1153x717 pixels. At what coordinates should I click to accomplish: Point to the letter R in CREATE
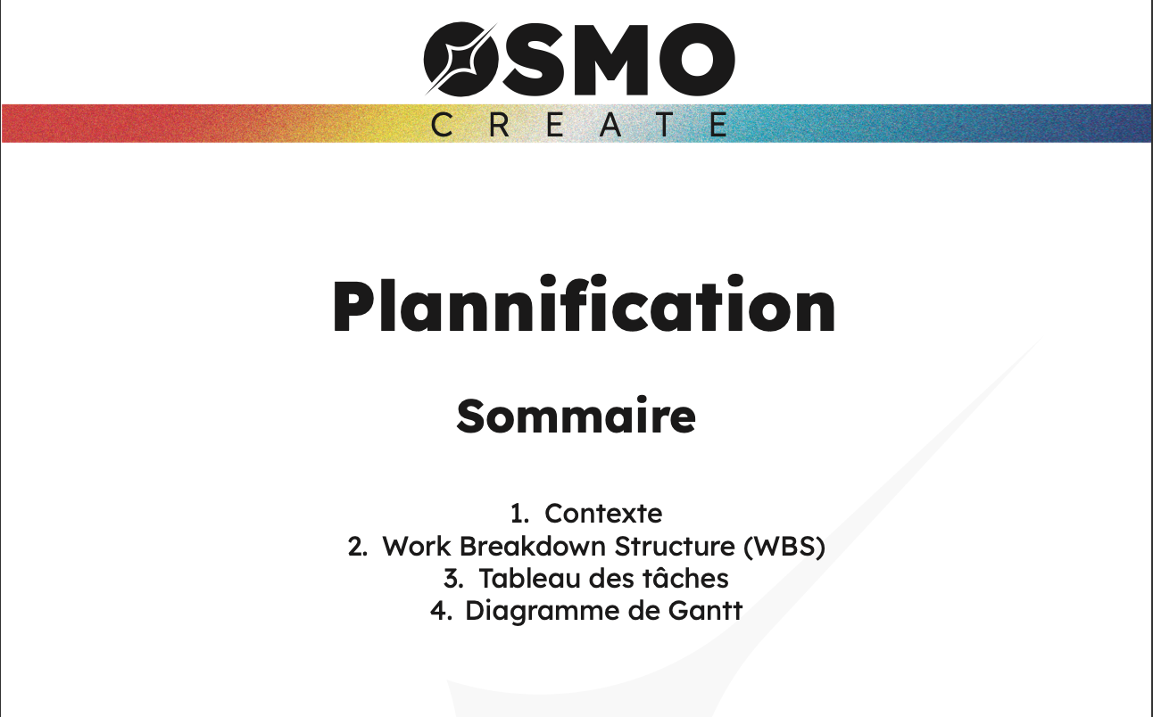[498, 125]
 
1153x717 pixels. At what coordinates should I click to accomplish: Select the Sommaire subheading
[576, 416]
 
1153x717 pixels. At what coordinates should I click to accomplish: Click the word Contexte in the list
[603, 514]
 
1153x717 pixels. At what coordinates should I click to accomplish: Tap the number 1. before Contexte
[520, 514]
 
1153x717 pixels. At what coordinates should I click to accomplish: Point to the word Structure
[665, 547]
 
